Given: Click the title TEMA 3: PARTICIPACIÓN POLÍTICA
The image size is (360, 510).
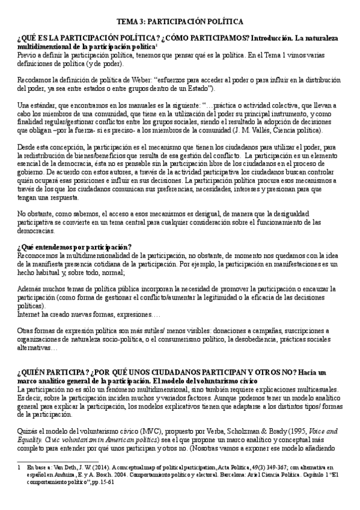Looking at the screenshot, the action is (180, 21).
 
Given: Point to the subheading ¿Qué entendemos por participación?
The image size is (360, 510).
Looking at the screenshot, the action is (75, 247).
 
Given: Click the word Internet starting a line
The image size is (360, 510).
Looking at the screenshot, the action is (30, 313).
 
